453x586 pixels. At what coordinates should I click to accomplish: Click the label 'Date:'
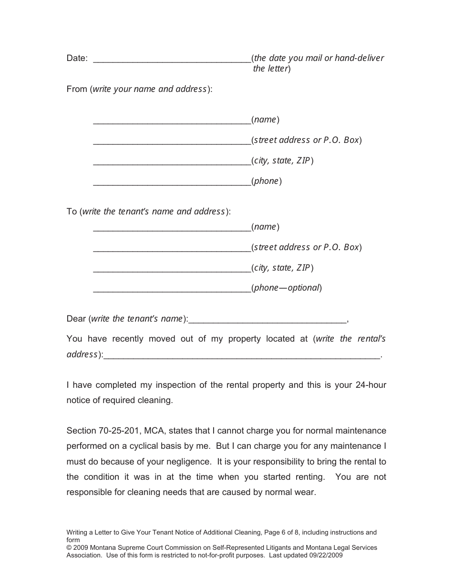tap(77, 58)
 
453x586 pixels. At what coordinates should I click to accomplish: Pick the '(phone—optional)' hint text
tap(287, 288)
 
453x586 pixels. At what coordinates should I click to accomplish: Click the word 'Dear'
tap(76, 319)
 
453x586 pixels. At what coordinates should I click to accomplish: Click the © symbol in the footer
tap(69, 547)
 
